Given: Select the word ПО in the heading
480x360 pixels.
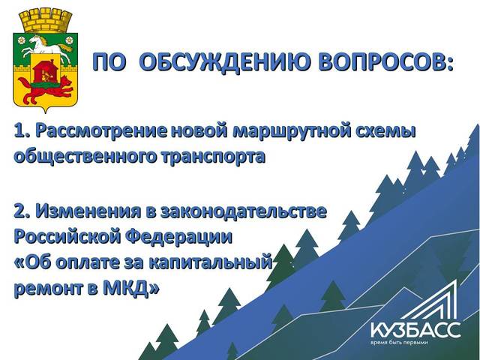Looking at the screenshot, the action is (x=109, y=62).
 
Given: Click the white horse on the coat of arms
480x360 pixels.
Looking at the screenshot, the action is (x=46, y=45).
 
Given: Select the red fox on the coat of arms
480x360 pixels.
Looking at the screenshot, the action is (x=46, y=89).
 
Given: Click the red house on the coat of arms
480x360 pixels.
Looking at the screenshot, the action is (x=46, y=72).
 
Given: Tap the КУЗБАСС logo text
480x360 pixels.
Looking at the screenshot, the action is (x=415, y=330).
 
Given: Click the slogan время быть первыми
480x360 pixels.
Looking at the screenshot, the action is (x=398, y=343).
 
